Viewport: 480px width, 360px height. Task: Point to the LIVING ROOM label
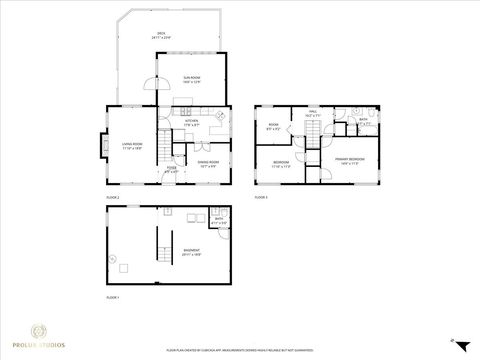[x=132, y=146]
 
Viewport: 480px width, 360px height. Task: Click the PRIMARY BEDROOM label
[x=349, y=159]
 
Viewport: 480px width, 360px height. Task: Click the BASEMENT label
[x=191, y=252]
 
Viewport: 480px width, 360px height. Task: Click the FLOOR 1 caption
[x=112, y=297]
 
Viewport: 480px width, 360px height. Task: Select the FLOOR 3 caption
[x=261, y=198]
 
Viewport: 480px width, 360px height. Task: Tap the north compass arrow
[x=453, y=341]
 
